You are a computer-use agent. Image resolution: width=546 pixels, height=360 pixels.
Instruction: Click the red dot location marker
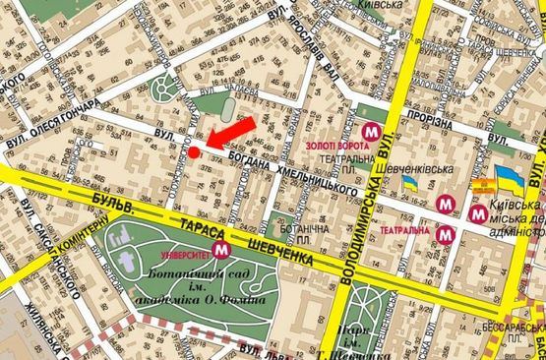tap(195, 151)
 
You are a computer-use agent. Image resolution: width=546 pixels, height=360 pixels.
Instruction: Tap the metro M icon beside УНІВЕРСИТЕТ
tap(222, 250)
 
